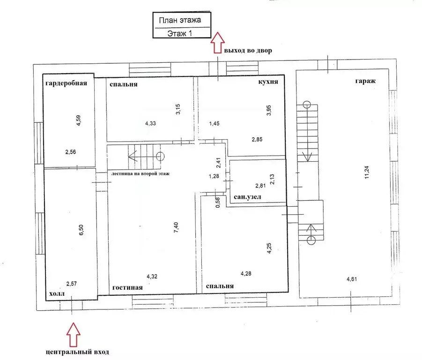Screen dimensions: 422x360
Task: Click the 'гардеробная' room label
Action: [66, 83]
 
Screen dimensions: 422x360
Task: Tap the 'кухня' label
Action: [268, 82]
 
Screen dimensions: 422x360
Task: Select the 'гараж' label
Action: [365, 81]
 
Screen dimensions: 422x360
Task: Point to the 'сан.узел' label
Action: [247, 197]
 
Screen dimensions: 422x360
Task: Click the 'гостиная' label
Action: [127, 287]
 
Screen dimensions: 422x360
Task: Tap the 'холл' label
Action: [57, 293]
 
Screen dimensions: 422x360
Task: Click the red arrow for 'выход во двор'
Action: [217, 42]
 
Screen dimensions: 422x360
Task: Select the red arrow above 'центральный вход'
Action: [73, 335]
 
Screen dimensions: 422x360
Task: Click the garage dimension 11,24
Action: [367, 172]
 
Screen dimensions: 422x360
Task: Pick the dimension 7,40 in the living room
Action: [176, 227]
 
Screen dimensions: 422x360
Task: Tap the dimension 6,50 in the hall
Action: [81, 230]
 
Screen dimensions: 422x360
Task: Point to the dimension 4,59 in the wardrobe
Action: [78, 120]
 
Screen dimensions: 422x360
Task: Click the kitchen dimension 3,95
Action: [268, 111]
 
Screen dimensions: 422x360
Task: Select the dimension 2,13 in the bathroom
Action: [272, 180]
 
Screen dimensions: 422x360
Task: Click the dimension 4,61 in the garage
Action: [352, 279]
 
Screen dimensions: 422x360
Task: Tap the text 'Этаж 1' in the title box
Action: [179, 33]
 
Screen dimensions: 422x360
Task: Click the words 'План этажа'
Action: [180, 20]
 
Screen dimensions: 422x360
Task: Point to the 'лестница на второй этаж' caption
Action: [141, 174]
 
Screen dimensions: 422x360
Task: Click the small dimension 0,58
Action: [218, 202]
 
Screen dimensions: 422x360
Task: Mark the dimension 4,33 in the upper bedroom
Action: [150, 123]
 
